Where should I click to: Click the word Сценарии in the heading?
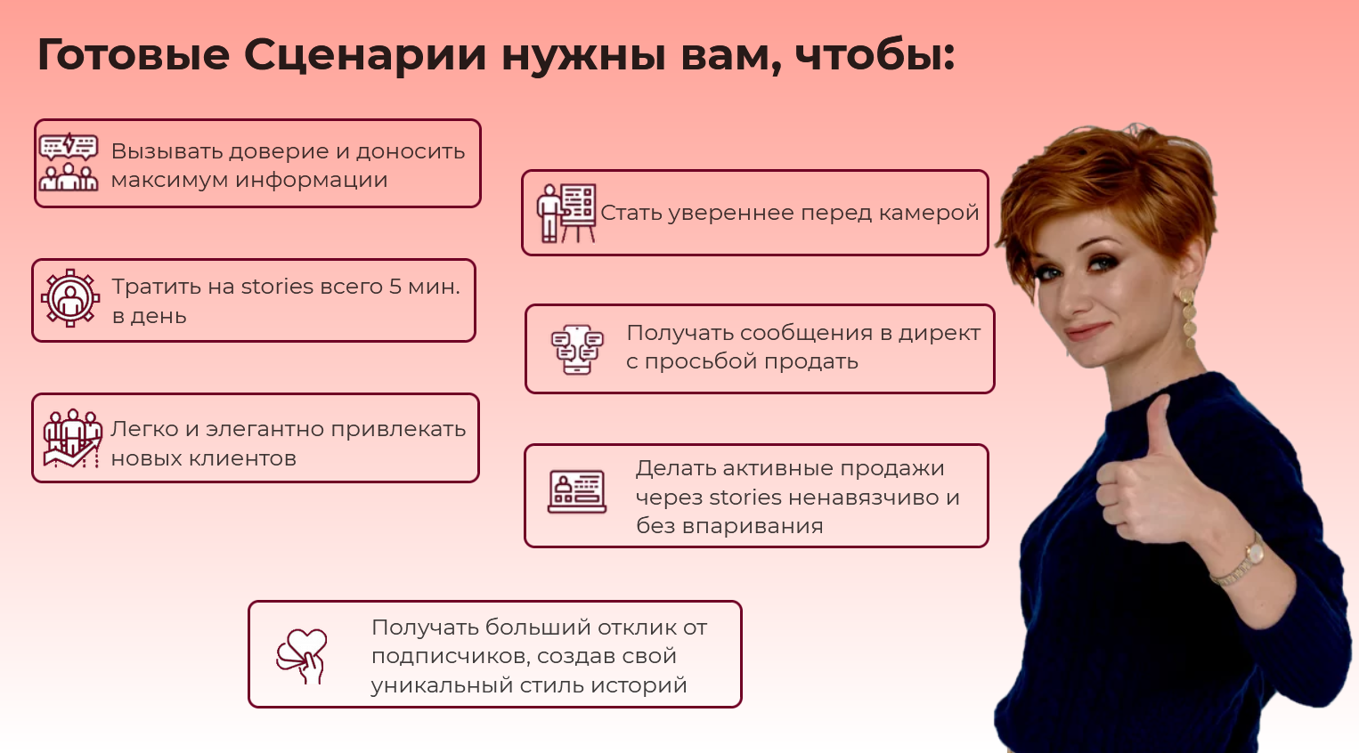pos(365,55)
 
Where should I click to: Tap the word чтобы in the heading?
pos(875,55)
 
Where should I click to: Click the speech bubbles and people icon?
pos(69,162)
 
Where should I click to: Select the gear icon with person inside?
pos(69,299)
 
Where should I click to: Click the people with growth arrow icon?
pos(72,438)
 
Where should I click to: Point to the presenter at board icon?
pos(566,213)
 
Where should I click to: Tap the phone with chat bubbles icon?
pos(577,349)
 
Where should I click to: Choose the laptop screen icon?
pos(577,492)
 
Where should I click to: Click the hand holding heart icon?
pos(302,656)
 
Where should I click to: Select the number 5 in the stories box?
pos(395,287)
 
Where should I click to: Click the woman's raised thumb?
pos(1157,427)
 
